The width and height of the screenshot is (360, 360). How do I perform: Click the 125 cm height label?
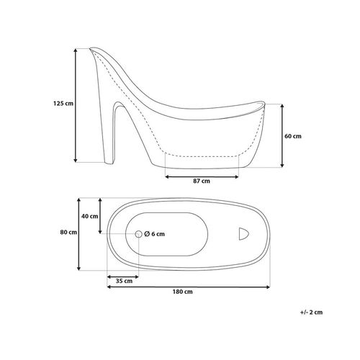tap(63, 104)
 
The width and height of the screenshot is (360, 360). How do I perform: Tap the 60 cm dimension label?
tap(293, 136)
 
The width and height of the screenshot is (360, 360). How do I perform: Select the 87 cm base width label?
tap(202, 181)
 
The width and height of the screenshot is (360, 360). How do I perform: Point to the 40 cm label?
tap(90, 216)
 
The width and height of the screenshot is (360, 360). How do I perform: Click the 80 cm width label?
tap(68, 233)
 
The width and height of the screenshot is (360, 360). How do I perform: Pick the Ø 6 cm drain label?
tap(155, 234)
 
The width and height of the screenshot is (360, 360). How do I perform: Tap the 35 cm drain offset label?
tap(124, 281)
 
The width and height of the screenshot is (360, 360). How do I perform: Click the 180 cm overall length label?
tap(183, 292)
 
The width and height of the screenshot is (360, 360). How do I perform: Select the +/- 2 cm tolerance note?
tap(311, 312)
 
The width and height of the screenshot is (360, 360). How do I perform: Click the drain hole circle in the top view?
tap(139, 234)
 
